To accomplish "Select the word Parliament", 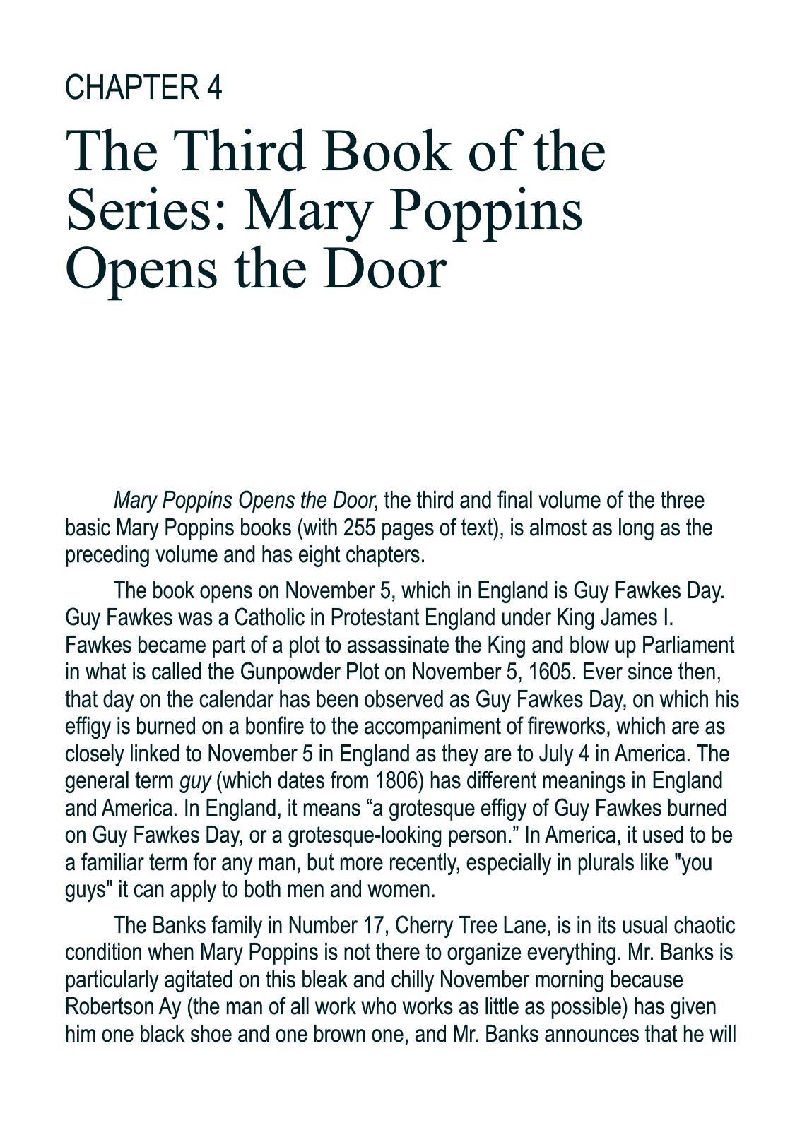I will coord(685,645).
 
